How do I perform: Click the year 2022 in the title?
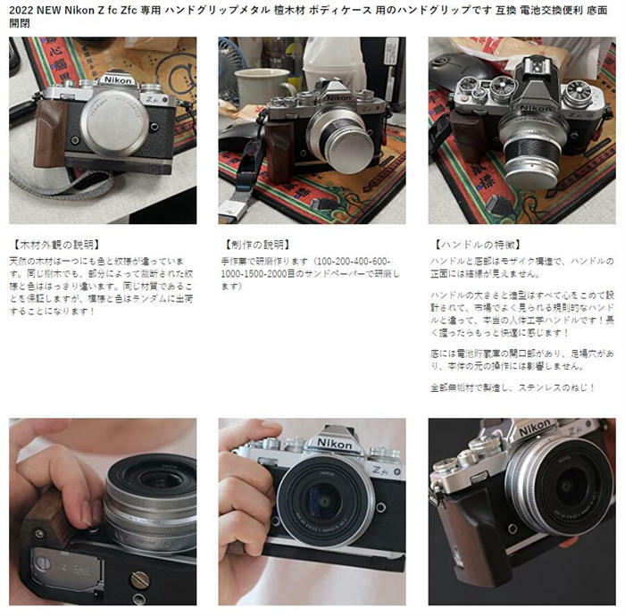[x=25, y=11]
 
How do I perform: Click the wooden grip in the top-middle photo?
[x=279, y=144]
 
